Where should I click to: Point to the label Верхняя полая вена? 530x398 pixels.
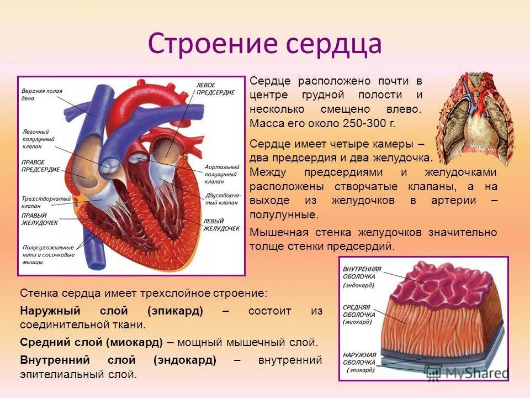point(41,94)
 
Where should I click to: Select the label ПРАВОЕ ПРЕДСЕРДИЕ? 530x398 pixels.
point(40,166)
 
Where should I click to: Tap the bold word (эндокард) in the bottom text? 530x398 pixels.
point(185,360)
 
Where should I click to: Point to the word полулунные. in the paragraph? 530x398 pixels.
point(284,214)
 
